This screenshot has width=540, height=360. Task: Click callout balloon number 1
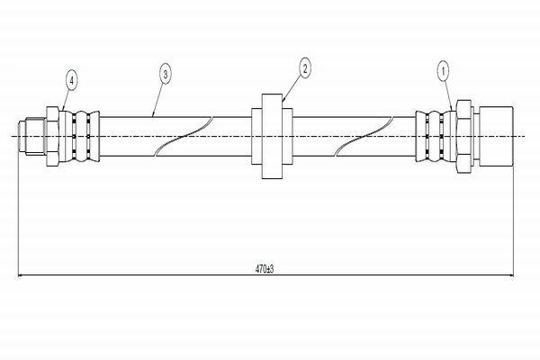(443, 71)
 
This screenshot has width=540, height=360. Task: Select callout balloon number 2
(305, 67)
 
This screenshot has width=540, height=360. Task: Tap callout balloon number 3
(166, 74)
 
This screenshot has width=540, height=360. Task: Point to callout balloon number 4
(72, 80)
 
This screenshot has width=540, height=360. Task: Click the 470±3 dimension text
(265, 268)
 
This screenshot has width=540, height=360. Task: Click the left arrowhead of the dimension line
(21, 275)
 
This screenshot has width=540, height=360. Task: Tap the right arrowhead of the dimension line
(510, 275)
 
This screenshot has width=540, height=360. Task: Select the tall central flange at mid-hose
(272, 137)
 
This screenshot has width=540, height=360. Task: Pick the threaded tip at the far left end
(31, 137)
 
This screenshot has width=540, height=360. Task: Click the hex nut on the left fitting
(52, 137)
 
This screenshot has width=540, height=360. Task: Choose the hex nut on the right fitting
(463, 137)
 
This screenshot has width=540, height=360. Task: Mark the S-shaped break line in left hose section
(184, 137)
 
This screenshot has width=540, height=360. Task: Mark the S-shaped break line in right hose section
(364, 137)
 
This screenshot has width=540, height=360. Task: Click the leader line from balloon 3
(158, 100)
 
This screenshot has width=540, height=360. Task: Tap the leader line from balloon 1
(448, 96)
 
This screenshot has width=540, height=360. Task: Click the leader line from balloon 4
(67, 100)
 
